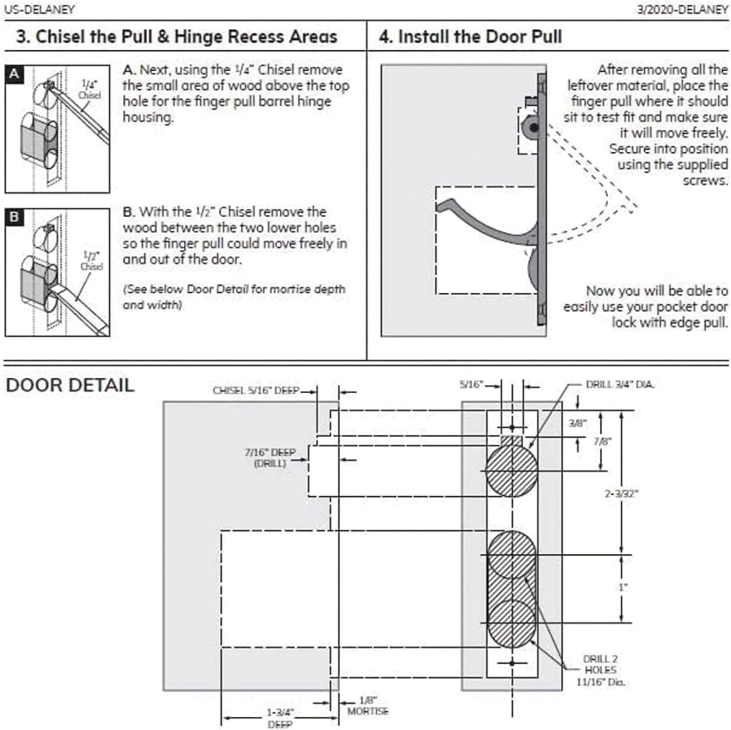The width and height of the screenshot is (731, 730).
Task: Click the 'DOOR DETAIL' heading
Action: pos(70,385)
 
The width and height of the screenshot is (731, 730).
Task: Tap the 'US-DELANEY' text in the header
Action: pos(39,9)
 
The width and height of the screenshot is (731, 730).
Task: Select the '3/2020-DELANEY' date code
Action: pos(682,9)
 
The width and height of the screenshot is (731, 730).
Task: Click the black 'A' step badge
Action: pos(14,74)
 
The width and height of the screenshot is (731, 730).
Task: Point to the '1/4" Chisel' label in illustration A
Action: pos(90,89)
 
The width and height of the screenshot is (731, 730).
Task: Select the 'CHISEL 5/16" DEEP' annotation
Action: pos(256,391)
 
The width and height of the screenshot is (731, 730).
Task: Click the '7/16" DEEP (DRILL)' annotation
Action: pos(270,458)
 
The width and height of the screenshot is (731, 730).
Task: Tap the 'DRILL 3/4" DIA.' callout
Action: pos(620,385)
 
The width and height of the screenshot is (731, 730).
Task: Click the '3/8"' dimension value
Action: pos(577,423)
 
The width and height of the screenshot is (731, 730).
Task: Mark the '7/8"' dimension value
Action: pos(602,442)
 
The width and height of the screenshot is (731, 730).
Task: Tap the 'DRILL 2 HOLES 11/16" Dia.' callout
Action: pos(600,670)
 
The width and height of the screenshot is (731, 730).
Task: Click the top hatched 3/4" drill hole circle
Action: pos(512,470)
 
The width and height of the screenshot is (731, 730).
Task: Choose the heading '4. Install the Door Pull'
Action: pos(470,37)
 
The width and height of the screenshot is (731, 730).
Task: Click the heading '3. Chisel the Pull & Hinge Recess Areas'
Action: pos(176,37)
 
